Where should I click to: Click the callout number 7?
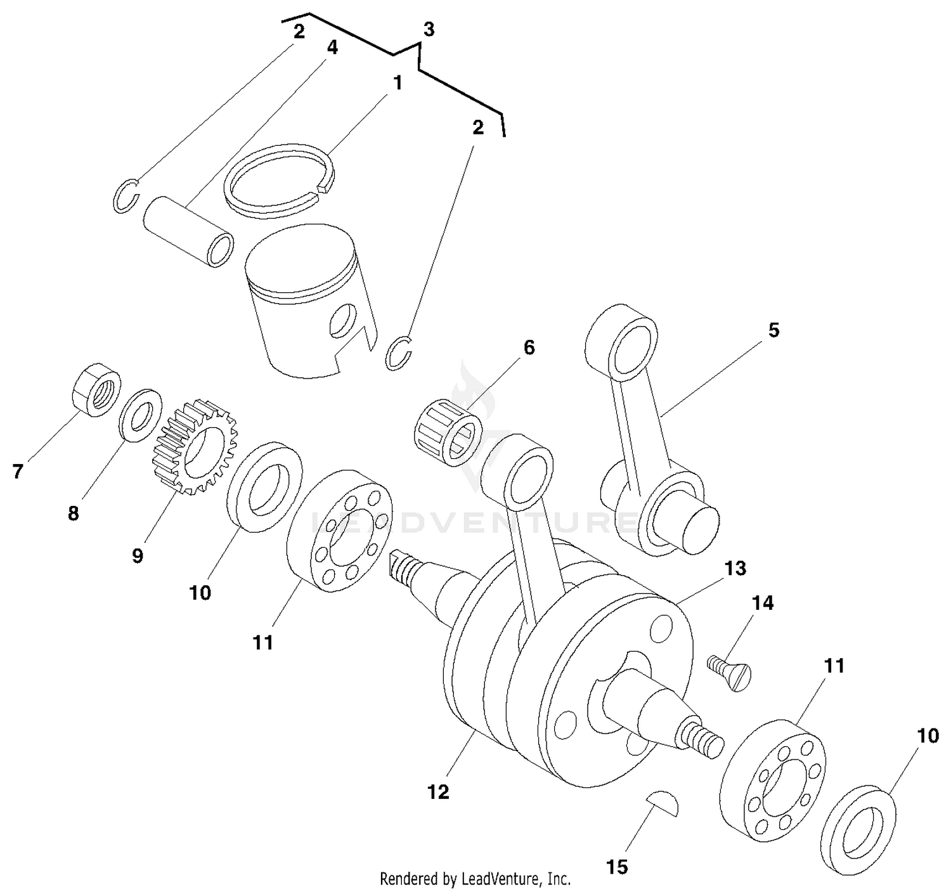(17, 472)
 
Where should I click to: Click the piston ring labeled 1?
(279, 179)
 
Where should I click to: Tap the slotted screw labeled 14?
(730, 669)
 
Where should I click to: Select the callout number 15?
(617, 867)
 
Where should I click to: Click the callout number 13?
(735, 568)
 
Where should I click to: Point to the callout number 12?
(438, 792)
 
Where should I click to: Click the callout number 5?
(773, 330)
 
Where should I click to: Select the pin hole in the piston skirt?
(343, 320)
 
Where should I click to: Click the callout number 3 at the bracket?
(429, 29)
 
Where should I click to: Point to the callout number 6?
(528, 347)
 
